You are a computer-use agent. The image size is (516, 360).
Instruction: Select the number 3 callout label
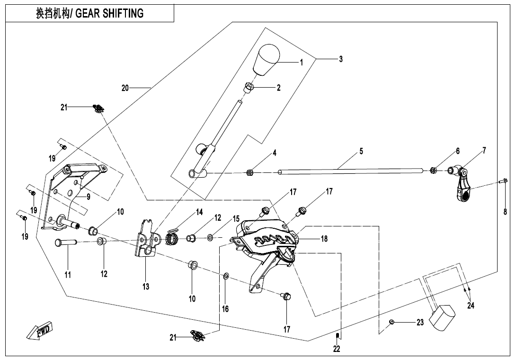coord(341,59)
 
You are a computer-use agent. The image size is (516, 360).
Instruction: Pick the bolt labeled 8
coord(504,180)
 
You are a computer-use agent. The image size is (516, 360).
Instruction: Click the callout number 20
coord(125,88)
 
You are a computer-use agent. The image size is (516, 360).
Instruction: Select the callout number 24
coord(471,306)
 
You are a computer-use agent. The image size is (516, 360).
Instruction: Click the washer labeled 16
coord(226,276)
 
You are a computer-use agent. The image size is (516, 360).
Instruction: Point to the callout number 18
coord(324,239)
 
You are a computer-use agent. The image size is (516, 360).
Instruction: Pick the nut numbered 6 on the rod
coord(433,170)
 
